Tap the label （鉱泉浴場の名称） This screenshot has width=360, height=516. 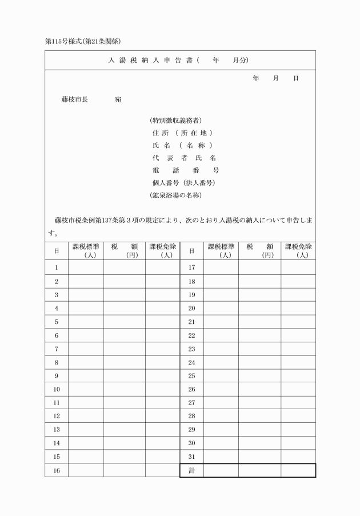point(176,195)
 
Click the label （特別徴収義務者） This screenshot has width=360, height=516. point(175,120)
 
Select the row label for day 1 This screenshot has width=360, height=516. point(56,267)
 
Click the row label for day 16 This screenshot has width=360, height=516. point(56,470)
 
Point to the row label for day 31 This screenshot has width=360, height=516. point(191,457)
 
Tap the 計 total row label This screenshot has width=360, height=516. point(191,470)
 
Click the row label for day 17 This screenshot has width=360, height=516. point(191,267)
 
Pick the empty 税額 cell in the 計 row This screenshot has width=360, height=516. point(259,470)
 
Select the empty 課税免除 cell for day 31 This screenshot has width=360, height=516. point(298,457)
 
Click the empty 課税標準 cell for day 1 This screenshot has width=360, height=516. point(86,267)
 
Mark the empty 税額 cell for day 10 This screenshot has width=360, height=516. point(124,389)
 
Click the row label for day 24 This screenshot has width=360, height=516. point(191,362)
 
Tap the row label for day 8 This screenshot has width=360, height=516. point(56,362)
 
